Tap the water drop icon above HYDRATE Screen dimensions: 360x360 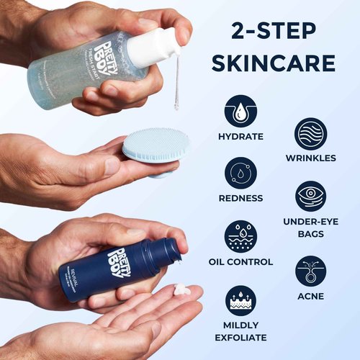(x=240, y=111)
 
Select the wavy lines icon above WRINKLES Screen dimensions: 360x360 (x=310, y=134)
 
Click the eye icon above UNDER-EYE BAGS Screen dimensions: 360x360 (x=310, y=197)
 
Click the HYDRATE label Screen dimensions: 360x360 (x=240, y=137)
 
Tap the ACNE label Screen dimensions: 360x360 (x=310, y=296)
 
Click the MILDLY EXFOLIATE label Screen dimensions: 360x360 (x=240, y=331)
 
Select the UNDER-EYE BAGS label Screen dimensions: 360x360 (x=310, y=228)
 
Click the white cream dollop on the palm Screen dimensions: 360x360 (x=182, y=289)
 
